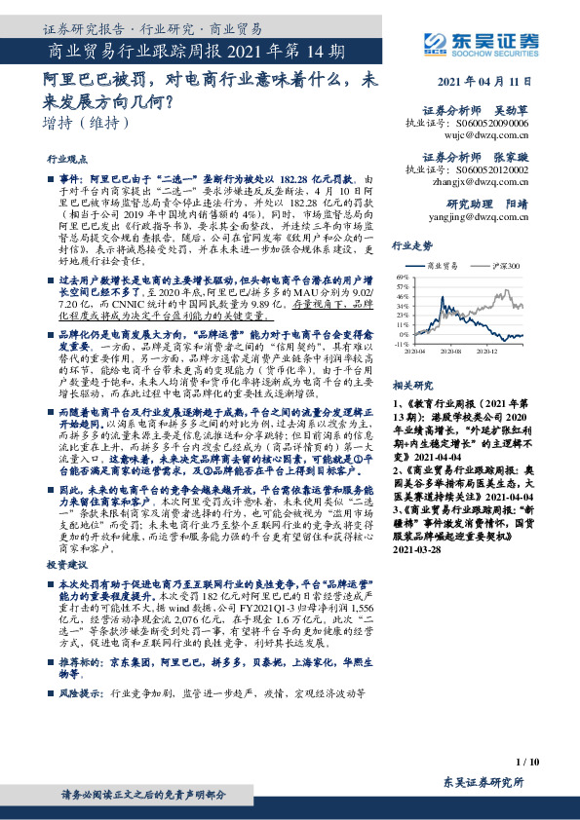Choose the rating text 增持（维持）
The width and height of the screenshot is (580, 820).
(x=86, y=123)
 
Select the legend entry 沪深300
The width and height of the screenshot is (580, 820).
(x=508, y=265)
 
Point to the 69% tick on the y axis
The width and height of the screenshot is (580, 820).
(x=402, y=277)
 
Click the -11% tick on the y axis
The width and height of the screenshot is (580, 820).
(x=401, y=344)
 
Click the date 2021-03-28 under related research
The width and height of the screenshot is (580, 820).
(x=416, y=577)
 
